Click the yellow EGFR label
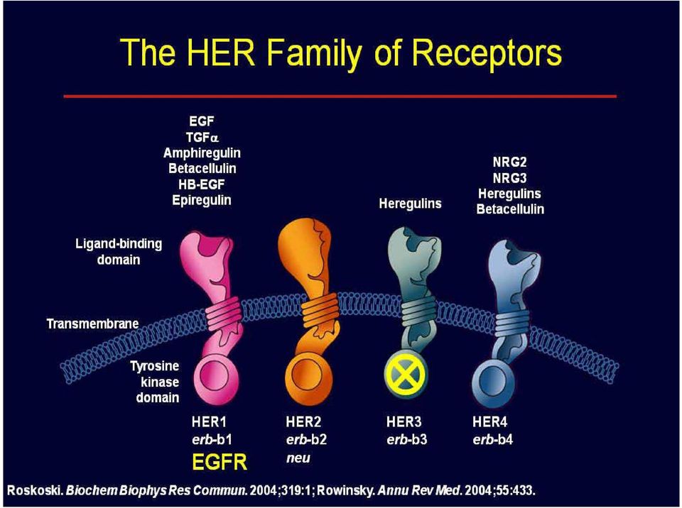(220, 462)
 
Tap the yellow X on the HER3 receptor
(406, 373)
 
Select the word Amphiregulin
(202, 153)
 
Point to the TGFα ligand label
(202, 138)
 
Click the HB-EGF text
(201, 184)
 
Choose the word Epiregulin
(201, 200)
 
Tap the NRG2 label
(510, 162)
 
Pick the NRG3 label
(510, 178)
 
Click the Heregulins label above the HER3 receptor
(410, 204)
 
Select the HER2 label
(303, 421)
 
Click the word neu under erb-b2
(298, 458)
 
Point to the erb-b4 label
(493, 440)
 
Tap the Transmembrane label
(92, 324)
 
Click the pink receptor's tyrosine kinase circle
(216, 377)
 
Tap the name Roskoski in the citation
(36, 491)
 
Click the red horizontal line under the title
(340, 96)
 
